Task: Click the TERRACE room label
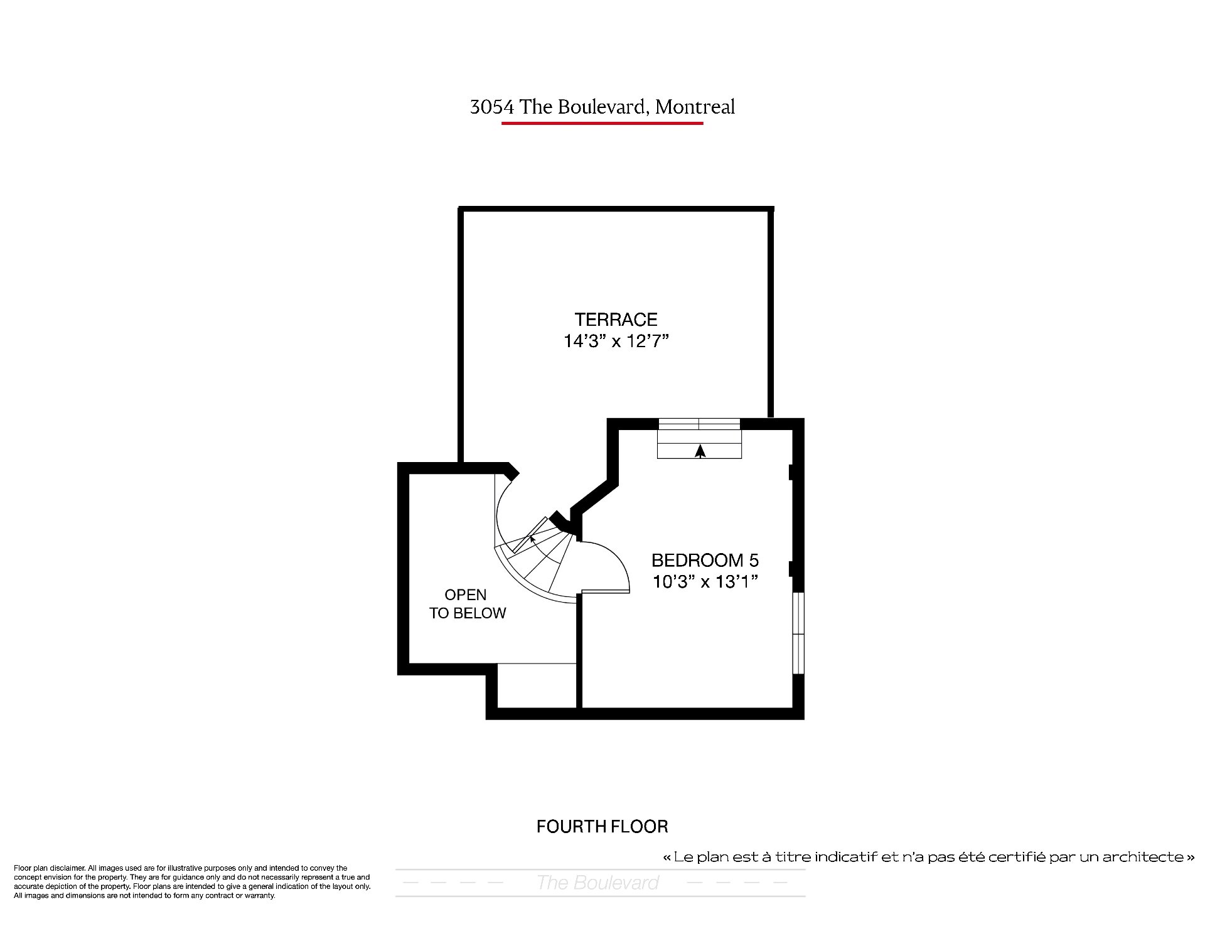[616, 320]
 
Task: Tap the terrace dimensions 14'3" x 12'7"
[616, 342]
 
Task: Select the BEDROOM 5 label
[705, 560]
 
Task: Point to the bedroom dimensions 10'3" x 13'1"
[705, 582]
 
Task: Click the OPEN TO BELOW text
[467, 604]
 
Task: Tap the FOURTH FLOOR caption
[602, 826]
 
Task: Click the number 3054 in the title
[493, 107]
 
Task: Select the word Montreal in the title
[695, 107]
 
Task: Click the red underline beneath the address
[602, 123]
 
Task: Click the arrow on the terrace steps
[700, 451]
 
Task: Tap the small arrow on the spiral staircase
[532, 539]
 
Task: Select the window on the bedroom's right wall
[798, 633]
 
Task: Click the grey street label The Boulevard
[597, 883]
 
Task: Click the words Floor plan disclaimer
[49, 868]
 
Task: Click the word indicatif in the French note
[842, 857]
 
